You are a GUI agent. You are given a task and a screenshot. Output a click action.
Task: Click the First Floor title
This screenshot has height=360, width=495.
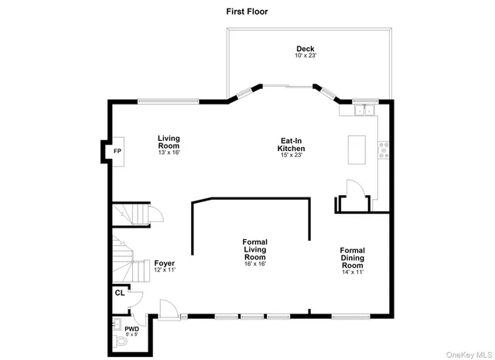(247, 11)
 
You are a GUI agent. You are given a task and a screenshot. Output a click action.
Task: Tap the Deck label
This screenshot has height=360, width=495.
(306, 48)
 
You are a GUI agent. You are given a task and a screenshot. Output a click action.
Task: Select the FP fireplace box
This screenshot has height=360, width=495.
(118, 151)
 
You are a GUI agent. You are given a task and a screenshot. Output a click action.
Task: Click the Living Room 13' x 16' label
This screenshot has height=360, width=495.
(169, 142)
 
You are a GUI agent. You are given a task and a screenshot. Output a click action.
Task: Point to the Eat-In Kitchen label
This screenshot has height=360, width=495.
(292, 145)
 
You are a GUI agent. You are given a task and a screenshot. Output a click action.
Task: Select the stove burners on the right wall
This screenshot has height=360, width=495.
(382, 149)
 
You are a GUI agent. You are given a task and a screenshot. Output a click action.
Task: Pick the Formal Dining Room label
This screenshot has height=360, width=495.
(352, 257)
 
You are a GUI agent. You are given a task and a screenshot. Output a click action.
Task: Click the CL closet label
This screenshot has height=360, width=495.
(119, 293)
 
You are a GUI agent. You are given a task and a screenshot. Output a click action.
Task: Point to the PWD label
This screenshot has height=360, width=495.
(121, 329)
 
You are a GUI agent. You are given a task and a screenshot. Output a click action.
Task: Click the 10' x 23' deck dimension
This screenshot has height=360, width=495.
(306, 56)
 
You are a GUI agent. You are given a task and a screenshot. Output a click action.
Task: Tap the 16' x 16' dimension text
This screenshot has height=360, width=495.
(254, 265)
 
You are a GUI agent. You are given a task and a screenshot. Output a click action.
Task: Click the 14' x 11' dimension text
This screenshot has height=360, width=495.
(352, 272)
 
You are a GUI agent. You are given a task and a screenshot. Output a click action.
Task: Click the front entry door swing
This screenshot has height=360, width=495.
(166, 307)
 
